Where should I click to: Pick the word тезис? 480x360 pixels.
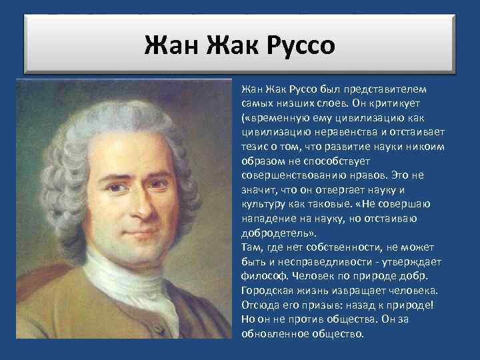point(254,147)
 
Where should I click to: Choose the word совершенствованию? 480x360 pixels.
point(287,176)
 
